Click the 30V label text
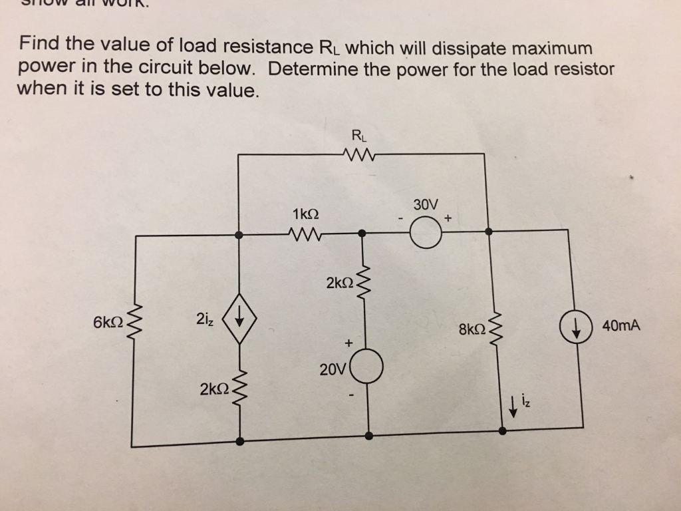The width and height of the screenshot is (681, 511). [x=424, y=204]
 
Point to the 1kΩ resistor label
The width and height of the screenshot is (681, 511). [x=305, y=214]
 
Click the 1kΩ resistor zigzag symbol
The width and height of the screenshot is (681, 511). [x=305, y=234]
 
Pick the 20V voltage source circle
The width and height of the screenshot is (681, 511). [x=368, y=368]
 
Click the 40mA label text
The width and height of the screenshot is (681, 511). [x=621, y=325]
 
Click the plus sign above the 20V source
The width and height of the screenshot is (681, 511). [x=348, y=343]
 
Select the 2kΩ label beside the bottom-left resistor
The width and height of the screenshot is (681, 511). [x=214, y=388]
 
